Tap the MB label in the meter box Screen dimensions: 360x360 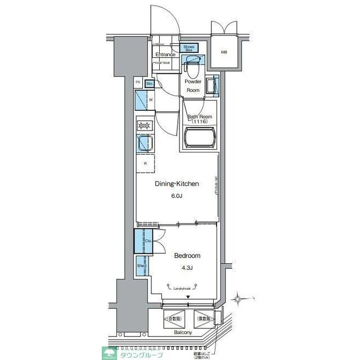[224, 52]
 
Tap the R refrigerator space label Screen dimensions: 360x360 [146, 164]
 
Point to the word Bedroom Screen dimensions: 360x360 [187, 256]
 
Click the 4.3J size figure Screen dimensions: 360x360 [187, 268]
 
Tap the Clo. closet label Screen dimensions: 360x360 [148, 241]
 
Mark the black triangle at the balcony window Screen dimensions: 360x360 [188, 298]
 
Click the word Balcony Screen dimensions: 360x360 [182, 333]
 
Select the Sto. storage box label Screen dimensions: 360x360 [149, 84]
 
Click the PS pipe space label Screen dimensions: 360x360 [138, 83]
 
